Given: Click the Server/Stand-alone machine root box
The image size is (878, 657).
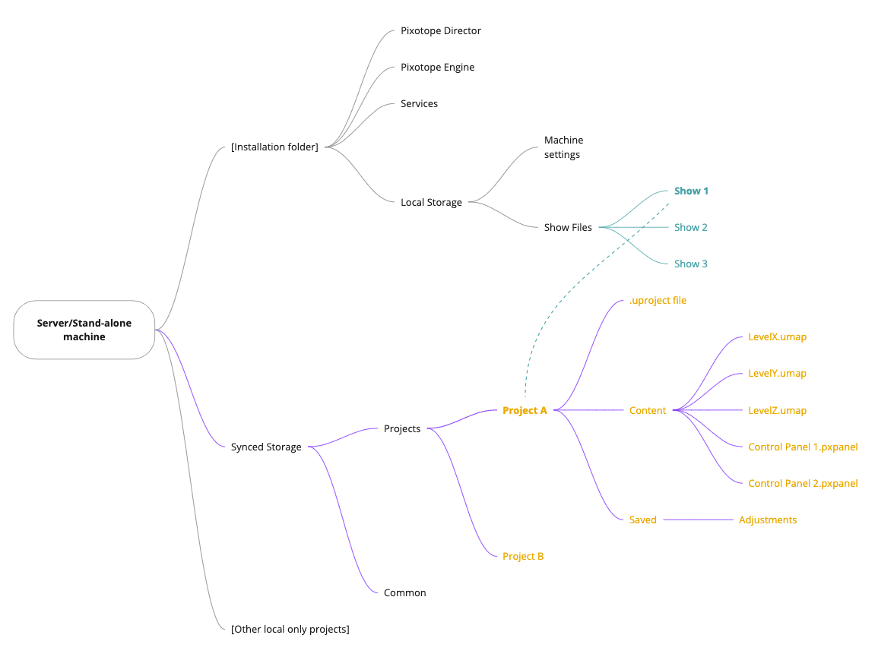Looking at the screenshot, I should [84, 330].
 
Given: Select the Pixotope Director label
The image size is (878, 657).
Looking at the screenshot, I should [441, 31].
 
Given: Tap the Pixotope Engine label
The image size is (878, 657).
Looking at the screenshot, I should [437, 68].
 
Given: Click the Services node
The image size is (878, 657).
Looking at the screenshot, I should [419, 104].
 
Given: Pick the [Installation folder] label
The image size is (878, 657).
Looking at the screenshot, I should [274, 147].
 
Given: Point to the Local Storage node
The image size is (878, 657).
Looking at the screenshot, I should [431, 203].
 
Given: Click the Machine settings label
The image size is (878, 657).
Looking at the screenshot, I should [563, 147].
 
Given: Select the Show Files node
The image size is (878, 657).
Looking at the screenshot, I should [568, 227].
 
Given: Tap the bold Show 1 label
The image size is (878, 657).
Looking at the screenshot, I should [691, 191].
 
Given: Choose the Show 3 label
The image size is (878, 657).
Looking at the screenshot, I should [690, 264].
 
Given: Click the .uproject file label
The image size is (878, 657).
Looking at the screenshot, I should [658, 301].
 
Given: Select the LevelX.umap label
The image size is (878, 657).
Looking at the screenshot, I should [777, 337].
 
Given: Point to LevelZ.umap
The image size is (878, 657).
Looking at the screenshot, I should [777, 410].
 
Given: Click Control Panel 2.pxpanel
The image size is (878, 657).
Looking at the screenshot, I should [803, 484].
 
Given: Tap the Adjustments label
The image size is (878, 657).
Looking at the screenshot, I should [768, 520].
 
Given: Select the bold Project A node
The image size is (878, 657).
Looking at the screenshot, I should [525, 410].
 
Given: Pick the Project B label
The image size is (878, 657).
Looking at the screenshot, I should [523, 557].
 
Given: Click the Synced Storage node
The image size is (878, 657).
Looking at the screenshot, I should [266, 447].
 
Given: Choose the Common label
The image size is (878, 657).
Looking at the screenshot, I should [404, 593].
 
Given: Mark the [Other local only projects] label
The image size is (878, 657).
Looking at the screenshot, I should [290, 630].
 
